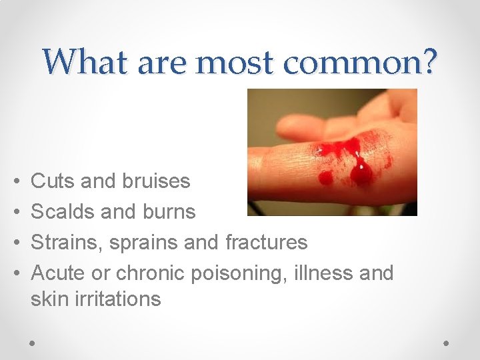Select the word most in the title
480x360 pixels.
[x=235, y=62]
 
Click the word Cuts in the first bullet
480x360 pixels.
[x=52, y=181]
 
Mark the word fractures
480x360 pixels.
[x=267, y=242]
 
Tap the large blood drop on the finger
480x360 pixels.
[x=361, y=173]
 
